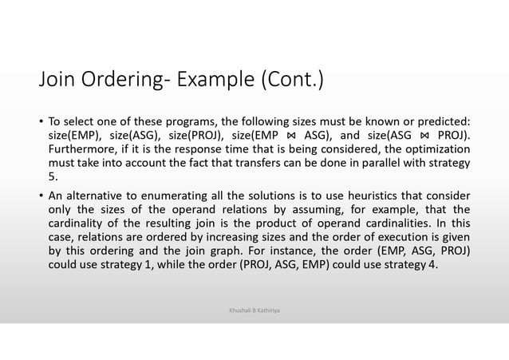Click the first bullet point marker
pyautogui.click(x=41, y=121)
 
